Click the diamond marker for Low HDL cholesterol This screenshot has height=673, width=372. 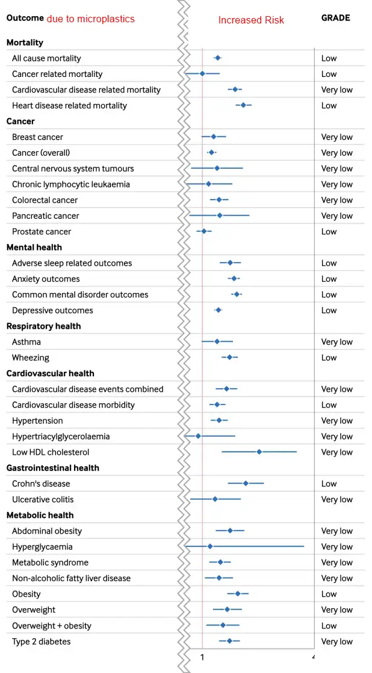coord(259,452)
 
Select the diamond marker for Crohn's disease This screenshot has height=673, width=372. coord(246,483)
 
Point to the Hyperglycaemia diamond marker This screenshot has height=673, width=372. coord(210,546)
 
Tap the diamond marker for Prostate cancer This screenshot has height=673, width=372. coord(203,231)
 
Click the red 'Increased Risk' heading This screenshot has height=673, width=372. coord(251,20)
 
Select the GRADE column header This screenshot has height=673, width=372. coord(335,18)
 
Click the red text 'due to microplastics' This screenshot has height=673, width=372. coord(91,19)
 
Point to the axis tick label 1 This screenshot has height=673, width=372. coord(202,657)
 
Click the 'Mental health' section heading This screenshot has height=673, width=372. coord(34,247)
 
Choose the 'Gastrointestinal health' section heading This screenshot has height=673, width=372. coord(53,467)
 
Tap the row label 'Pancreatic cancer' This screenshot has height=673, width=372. coord(46,216)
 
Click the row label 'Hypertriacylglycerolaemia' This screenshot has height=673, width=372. coord(61,436)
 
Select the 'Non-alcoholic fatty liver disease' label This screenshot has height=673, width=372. coord(71,578)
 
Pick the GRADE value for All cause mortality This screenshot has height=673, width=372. coord(329,58)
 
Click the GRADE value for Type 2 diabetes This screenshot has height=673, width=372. coord(336,641)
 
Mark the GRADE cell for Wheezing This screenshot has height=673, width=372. coord(329,358)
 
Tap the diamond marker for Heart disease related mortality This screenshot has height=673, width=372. coord(243,105)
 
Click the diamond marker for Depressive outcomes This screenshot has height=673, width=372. coord(219,310)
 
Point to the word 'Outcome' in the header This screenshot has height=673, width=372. coord(25,18)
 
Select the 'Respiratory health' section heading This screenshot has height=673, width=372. coord(43,326)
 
